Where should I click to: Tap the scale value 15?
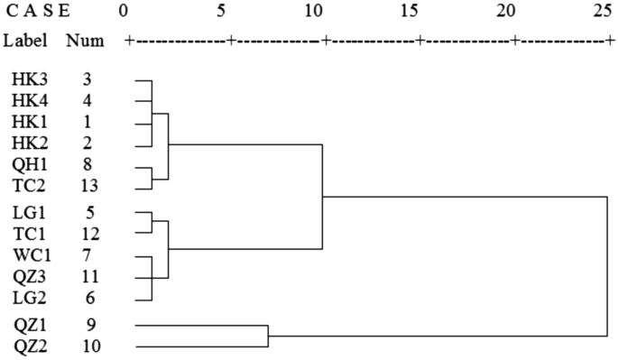[411, 12]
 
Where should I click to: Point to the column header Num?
[85, 42]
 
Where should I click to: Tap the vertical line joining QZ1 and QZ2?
[268, 336]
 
